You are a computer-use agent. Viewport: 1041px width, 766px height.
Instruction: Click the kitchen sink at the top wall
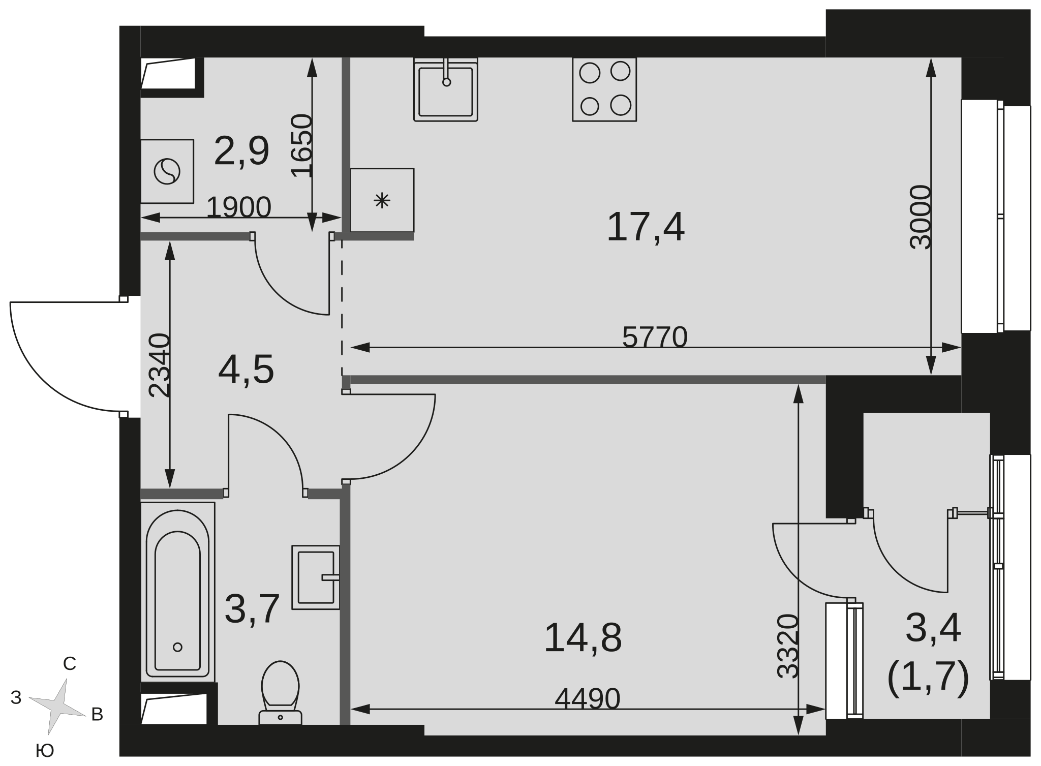coord(446,89)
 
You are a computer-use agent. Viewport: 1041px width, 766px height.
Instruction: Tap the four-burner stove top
coord(604,89)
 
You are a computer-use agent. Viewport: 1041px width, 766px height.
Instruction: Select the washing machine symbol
coord(167,171)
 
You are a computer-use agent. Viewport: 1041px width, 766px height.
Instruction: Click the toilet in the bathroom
coord(280,692)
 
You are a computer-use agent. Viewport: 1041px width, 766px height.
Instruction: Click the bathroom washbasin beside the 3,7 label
coord(316,577)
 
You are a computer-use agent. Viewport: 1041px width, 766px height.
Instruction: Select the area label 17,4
coord(646,227)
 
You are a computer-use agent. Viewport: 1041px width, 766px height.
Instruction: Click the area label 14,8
coord(583,638)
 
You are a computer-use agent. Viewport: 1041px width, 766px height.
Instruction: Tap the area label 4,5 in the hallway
coord(246,370)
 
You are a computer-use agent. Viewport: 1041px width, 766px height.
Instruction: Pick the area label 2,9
coord(241,151)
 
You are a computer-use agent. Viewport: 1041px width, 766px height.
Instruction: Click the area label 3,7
coord(252,609)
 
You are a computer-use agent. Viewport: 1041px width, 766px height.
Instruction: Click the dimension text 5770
coord(655,337)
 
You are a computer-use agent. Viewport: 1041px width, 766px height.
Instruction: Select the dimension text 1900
coord(238,207)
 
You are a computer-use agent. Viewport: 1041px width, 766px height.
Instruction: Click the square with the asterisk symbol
coord(382,200)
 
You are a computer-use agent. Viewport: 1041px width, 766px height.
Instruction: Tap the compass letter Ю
coord(45,750)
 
